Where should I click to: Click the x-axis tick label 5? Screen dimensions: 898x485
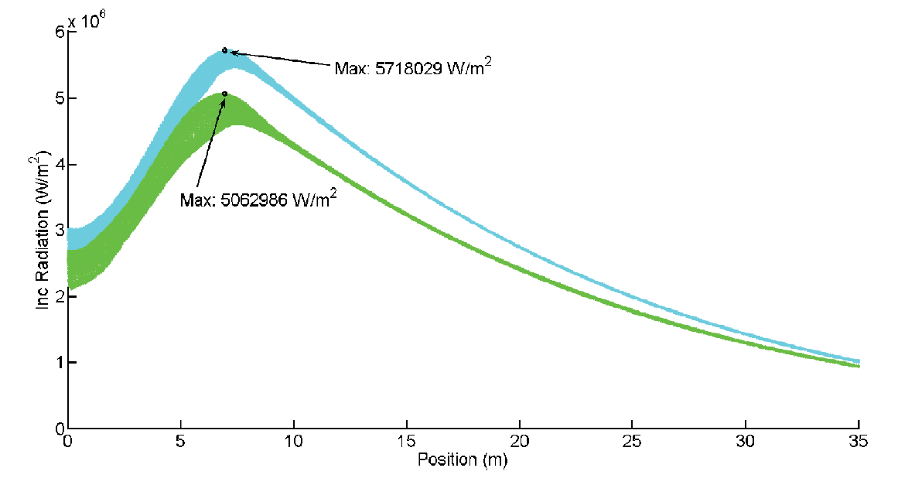pyautogui.click(x=180, y=442)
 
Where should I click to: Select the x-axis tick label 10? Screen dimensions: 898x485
pyautogui.click(x=293, y=442)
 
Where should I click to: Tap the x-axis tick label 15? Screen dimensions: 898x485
pyautogui.click(x=406, y=442)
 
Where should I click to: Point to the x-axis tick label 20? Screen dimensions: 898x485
pyautogui.click(x=519, y=442)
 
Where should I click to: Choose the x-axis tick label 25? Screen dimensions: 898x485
pyautogui.click(x=632, y=442)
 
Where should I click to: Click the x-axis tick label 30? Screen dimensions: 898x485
pyautogui.click(x=745, y=442)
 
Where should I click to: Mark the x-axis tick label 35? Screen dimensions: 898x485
pyautogui.click(x=858, y=442)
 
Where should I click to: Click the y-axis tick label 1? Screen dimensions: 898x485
pyautogui.click(x=59, y=363)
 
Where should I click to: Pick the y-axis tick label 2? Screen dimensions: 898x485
pyautogui.click(x=59, y=296)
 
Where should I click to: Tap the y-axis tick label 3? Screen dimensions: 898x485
pyautogui.click(x=59, y=231)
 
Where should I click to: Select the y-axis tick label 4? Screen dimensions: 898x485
pyautogui.click(x=59, y=165)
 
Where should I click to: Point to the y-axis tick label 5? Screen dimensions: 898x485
pyautogui.click(x=59, y=98)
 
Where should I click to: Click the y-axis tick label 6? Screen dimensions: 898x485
pyautogui.click(x=59, y=32)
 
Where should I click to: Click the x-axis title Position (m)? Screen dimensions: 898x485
pyautogui.click(x=463, y=459)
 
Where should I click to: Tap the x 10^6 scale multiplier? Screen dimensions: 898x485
pyautogui.click(x=87, y=21)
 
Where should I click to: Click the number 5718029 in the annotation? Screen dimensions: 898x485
pyautogui.click(x=408, y=69)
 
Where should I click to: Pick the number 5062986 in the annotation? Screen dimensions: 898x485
pyautogui.click(x=254, y=200)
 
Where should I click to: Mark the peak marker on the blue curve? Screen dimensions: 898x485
pyautogui.click(x=225, y=50)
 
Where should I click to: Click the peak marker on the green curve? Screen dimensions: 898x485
pyautogui.click(x=224, y=94)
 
